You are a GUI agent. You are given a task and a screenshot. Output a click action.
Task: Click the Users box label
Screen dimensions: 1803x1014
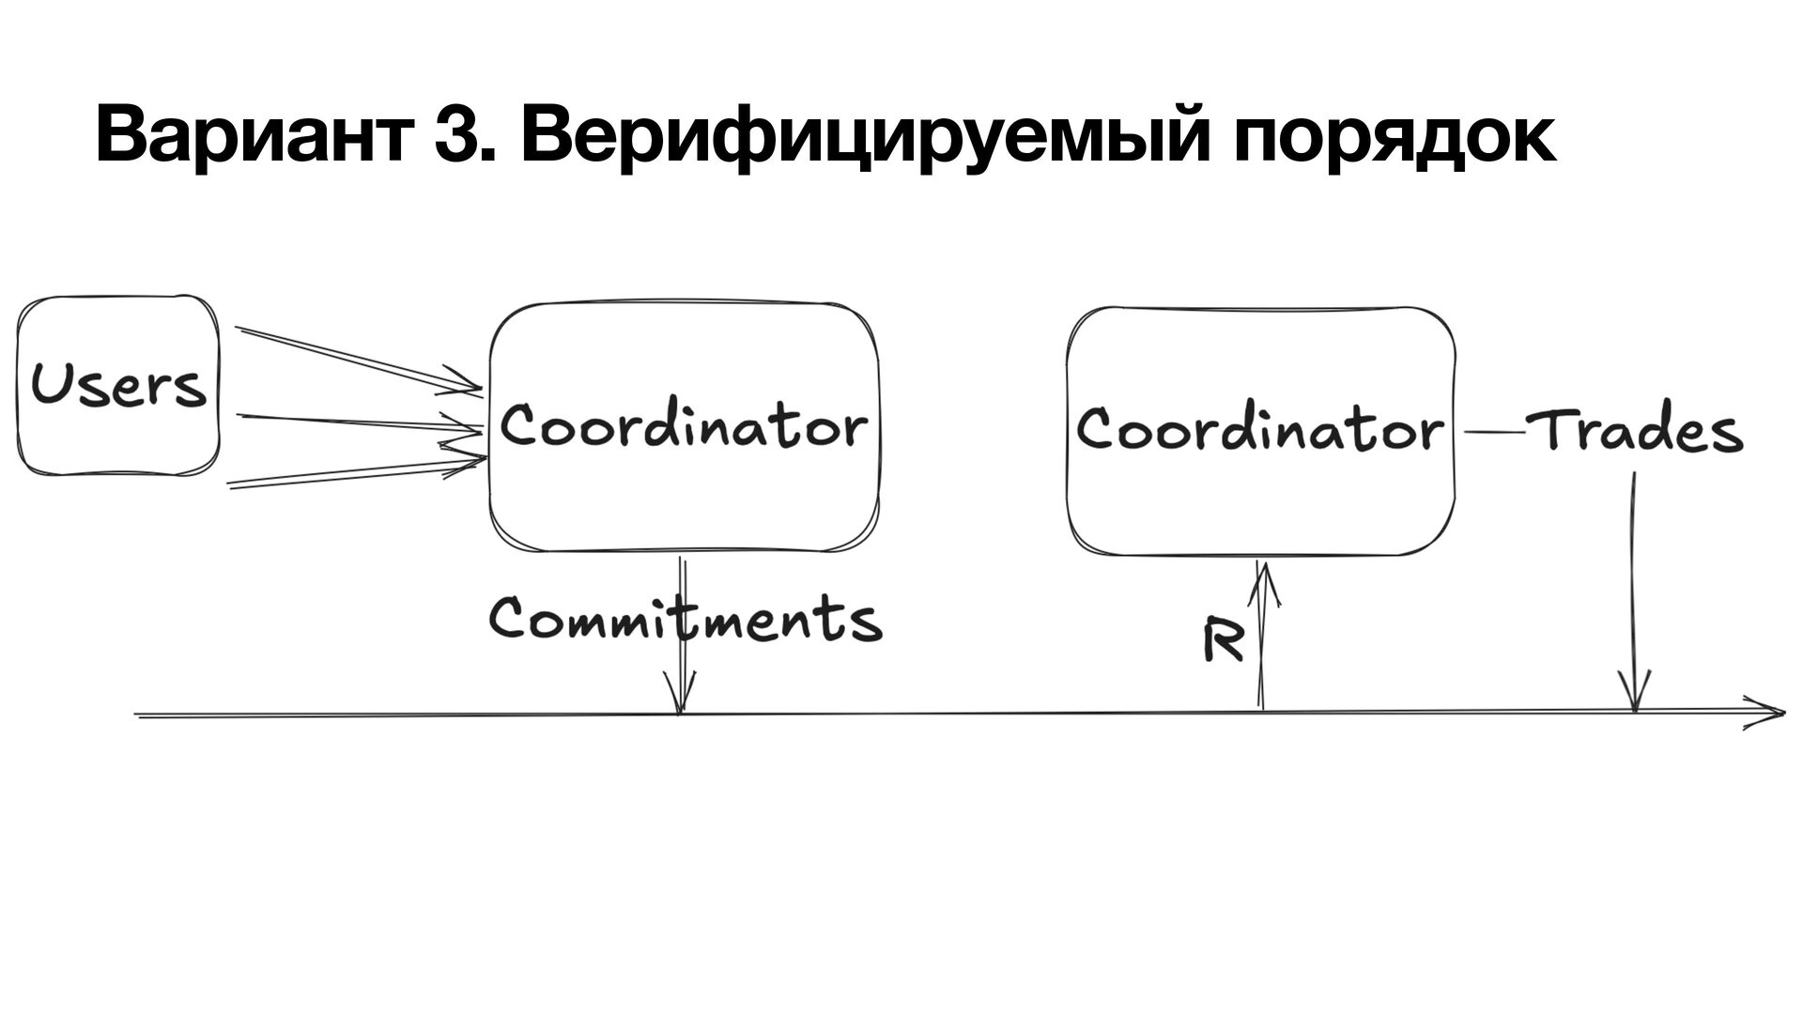pyautogui.click(x=118, y=386)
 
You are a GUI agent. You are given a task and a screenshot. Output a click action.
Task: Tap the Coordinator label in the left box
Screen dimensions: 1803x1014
pyautogui.click(x=684, y=427)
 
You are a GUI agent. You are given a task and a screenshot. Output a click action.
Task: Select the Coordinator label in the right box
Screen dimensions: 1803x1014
pyautogui.click(x=1259, y=430)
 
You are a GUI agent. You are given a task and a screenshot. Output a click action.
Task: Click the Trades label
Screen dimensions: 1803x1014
pyautogui.click(x=1635, y=432)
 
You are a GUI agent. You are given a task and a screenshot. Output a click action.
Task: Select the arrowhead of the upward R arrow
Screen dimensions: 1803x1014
pyautogui.click(x=1263, y=575)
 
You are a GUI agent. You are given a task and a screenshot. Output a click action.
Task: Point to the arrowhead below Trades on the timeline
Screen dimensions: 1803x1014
pyautogui.click(x=1635, y=695)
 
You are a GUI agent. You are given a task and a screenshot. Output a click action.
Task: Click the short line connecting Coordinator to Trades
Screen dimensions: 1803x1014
pyautogui.click(x=1493, y=432)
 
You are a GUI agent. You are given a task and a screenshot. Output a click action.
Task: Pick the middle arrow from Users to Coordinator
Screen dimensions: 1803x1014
pyautogui.click(x=357, y=422)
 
